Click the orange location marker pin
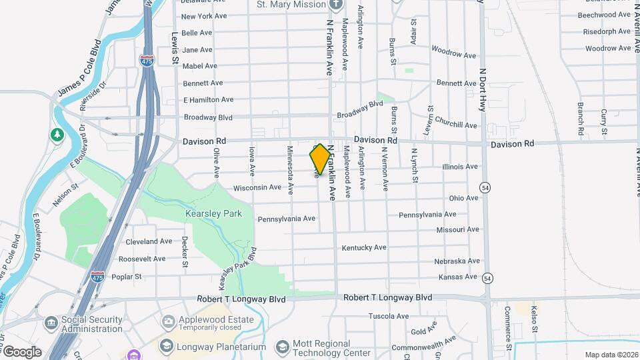(320, 159)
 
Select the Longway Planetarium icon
(167, 347)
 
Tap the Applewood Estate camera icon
(167, 321)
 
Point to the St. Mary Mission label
(291, 5)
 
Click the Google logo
(21, 351)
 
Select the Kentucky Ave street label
(364, 247)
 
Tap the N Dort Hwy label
(482, 89)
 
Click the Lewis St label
(175, 47)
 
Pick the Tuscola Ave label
(389, 315)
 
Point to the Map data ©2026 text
(611, 355)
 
